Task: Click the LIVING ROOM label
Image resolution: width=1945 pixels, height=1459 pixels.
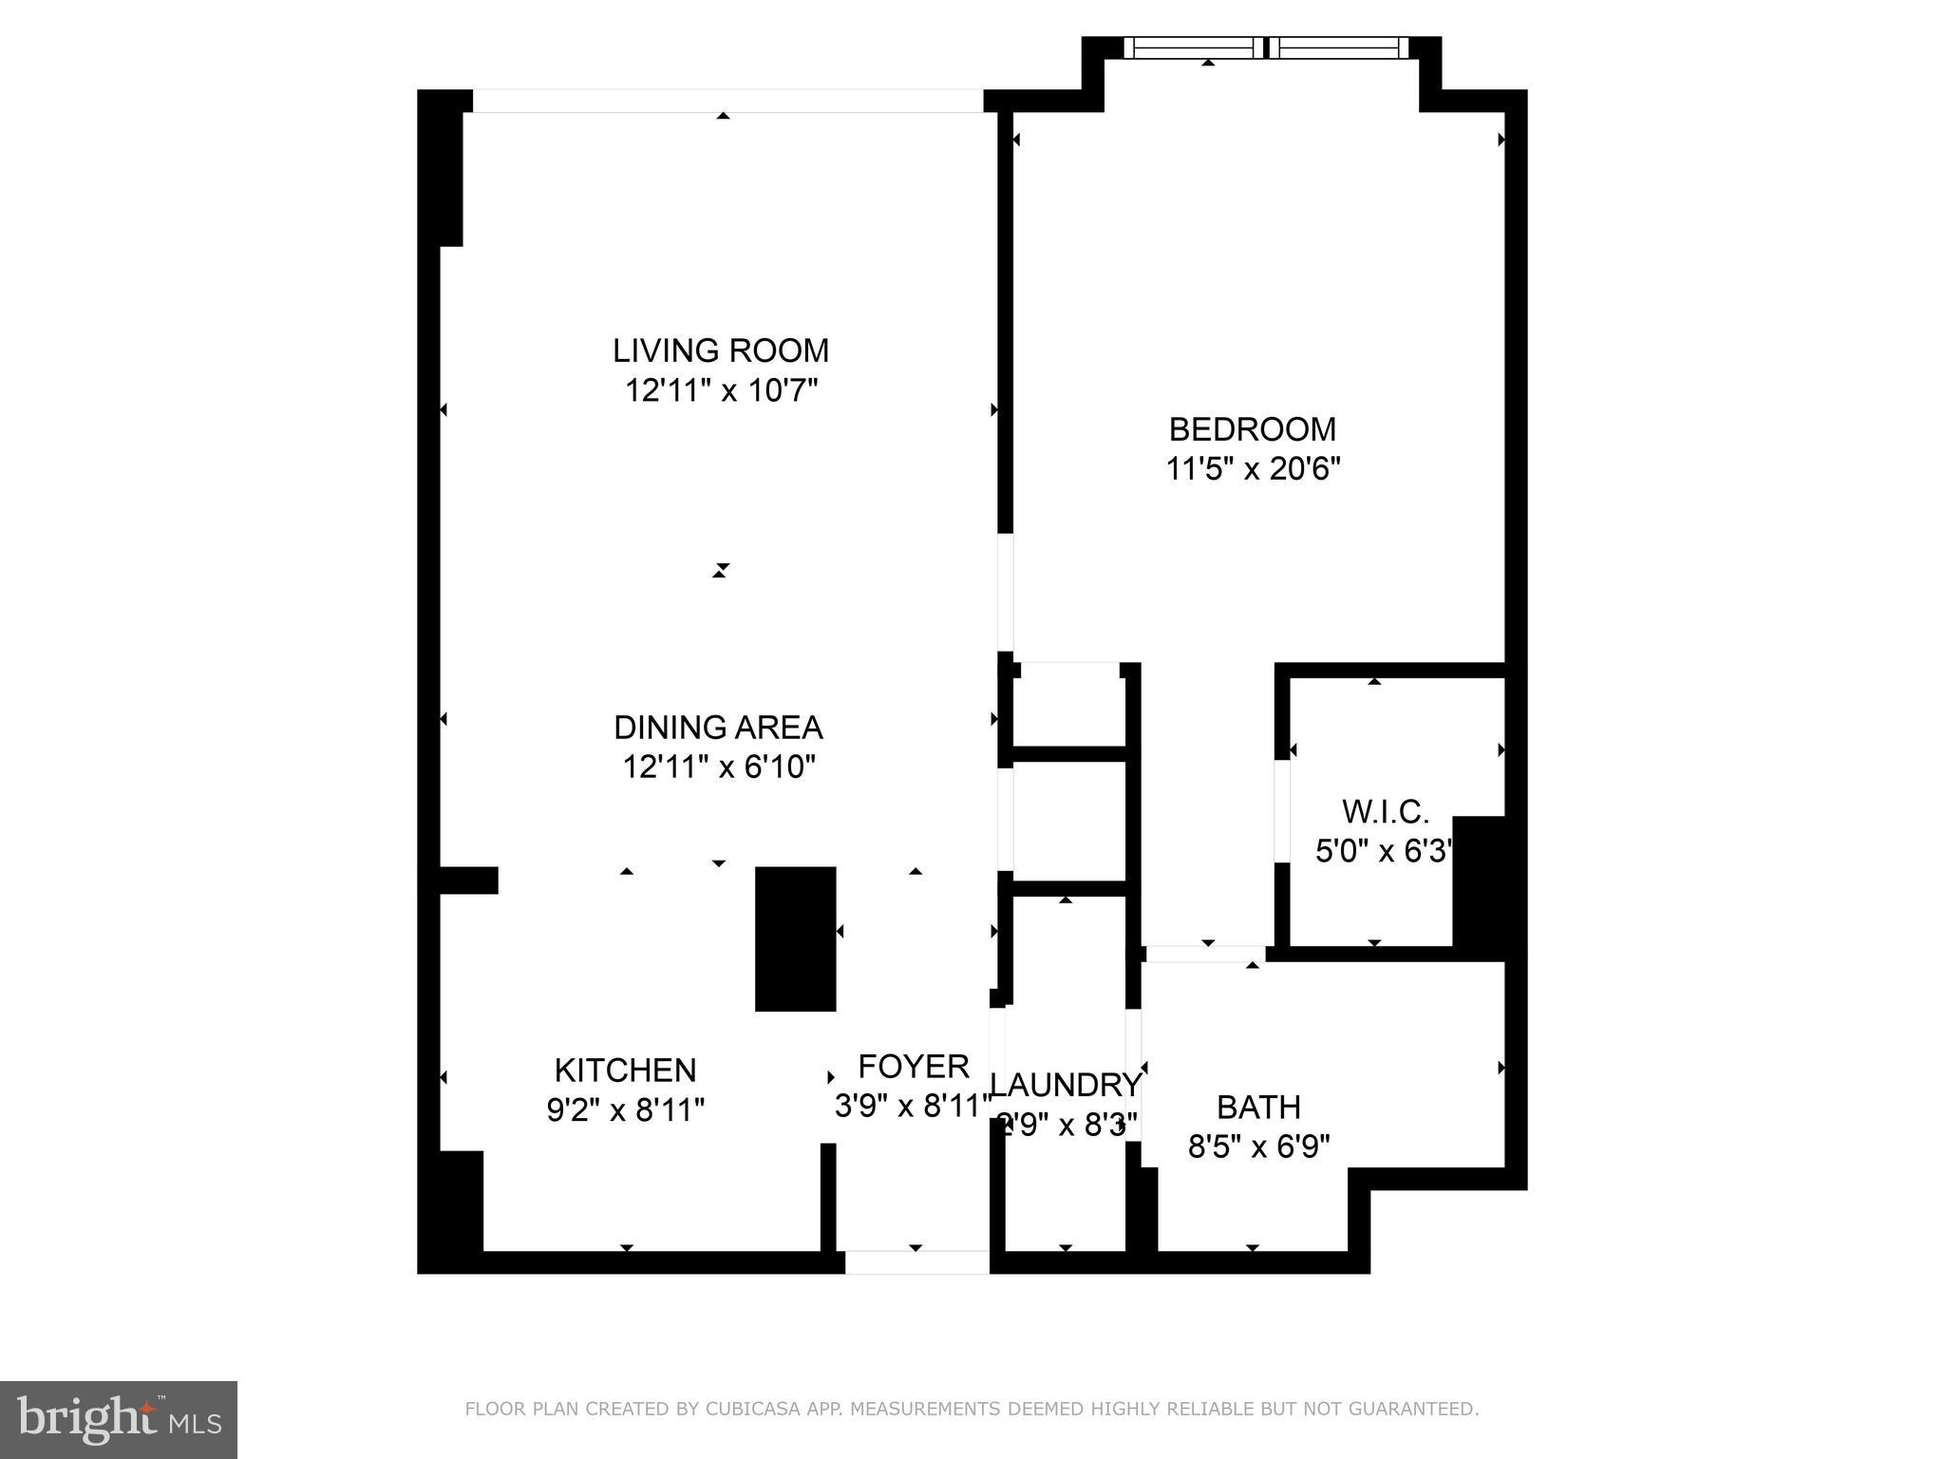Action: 721,351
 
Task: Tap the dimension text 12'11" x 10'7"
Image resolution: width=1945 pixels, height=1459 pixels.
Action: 721,390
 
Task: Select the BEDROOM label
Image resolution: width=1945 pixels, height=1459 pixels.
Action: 1252,429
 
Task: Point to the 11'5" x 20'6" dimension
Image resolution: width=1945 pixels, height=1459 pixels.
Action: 1252,469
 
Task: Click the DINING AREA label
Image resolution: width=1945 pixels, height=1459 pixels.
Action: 718,728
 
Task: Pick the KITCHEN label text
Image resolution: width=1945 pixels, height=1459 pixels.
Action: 625,1071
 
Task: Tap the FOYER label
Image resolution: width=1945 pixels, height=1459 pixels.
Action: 913,1067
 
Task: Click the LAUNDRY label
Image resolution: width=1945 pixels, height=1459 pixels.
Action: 1065,1085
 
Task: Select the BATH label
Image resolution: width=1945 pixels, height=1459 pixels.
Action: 1258,1108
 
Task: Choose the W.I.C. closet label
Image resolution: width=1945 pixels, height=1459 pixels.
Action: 1385,812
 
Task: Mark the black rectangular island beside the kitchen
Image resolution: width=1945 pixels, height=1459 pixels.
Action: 795,938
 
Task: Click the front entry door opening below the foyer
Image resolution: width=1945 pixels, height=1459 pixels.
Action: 916,1262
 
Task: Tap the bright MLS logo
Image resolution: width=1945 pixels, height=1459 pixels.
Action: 119,1419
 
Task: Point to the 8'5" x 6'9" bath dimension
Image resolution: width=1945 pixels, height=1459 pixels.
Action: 1258,1147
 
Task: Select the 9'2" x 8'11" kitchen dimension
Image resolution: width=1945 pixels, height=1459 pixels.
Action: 625,1109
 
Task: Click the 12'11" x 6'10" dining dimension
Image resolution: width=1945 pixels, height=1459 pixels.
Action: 718,767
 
